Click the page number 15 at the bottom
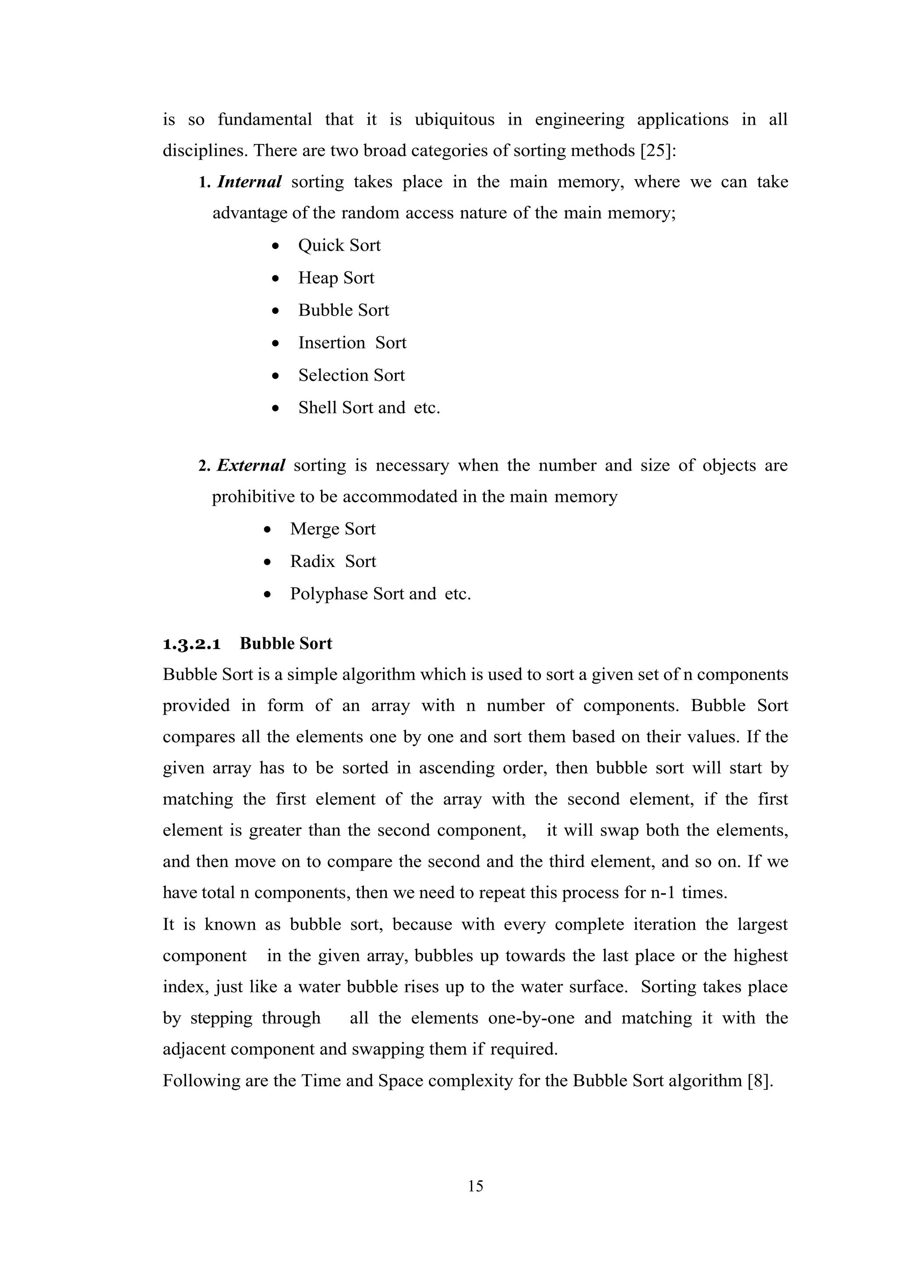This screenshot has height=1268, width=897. tap(475, 1186)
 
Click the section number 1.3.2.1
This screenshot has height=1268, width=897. tap(192, 644)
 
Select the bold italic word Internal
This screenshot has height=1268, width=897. tap(249, 182)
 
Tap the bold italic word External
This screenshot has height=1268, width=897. tap(251, 465)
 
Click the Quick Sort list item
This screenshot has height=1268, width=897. tap(339, 245)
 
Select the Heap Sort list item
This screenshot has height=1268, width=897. tap(336, 278)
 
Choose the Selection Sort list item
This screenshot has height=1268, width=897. tap(351, 376)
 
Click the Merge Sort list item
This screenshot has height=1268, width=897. tap(332, 529)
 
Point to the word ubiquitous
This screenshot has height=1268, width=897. tap(454, 119)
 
